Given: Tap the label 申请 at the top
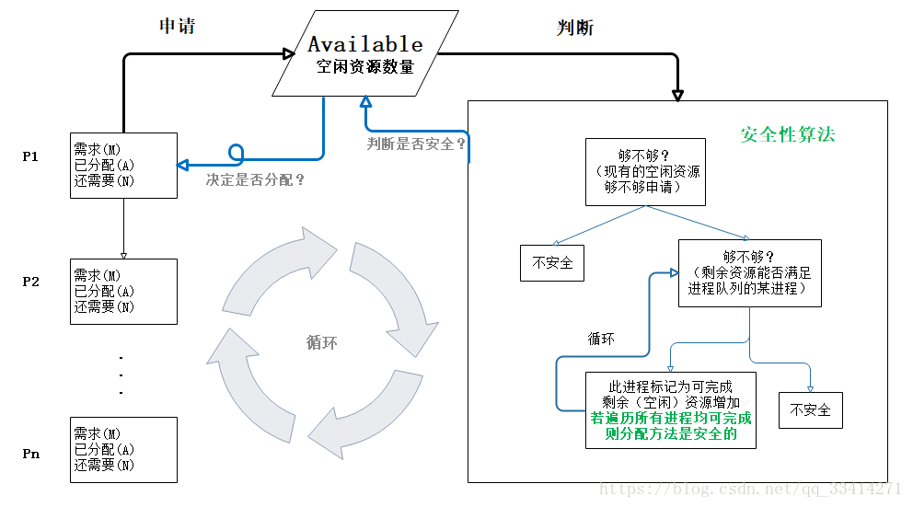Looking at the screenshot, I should pos(178,26).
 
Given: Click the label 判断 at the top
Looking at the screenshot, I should pos(575,28).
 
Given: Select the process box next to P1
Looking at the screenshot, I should pos(123,165).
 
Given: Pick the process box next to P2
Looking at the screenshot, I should pos(123,291).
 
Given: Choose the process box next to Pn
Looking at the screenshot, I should pos(123,449).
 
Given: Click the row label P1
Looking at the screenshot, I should pos(30,156).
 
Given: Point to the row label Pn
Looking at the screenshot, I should pos(30,454).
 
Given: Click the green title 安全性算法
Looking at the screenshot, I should pos(788,134).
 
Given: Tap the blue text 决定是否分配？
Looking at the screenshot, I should pos(255,180).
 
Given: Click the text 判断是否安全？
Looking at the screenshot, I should pos(416,144).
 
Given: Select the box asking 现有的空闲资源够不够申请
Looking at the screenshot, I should pos(645,172).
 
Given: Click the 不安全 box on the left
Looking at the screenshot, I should pos(552,263).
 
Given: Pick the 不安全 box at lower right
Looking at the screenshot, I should pos(810,409).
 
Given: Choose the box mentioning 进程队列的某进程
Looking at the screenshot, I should pos(749,273).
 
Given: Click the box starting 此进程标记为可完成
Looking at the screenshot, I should pos(670,409).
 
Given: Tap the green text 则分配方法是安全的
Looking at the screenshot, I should pos(671,435).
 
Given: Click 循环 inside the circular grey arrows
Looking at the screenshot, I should pos(321,342).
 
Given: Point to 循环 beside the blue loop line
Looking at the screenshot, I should pos(601,339).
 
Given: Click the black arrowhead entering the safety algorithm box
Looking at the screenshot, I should pos(678,94).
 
